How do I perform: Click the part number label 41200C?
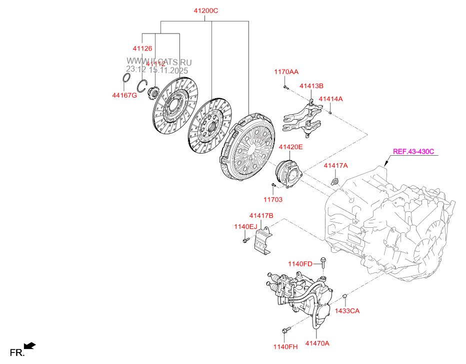(x=206, y=11)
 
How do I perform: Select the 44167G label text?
(x=124, y=95)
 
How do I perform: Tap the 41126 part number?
(x=142, y=49)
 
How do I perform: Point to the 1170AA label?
(x=286, y=72)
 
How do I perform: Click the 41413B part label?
(x=311, y=86)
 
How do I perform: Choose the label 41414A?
(x=330, y=99)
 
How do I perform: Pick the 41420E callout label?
(x=290, y=147)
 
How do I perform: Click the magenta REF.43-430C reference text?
(x=413, y=151)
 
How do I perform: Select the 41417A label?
(x=335, y=165)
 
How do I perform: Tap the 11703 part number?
(x=273, y=199)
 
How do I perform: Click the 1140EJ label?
(x=245, y=227)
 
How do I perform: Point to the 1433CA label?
(x=347, y=310)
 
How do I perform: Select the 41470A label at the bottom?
(x=317, y=343)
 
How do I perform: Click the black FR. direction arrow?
(x=30, y=345)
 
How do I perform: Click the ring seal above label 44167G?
(x=127, y=79)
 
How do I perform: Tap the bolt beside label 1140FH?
(x=286, y=330)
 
